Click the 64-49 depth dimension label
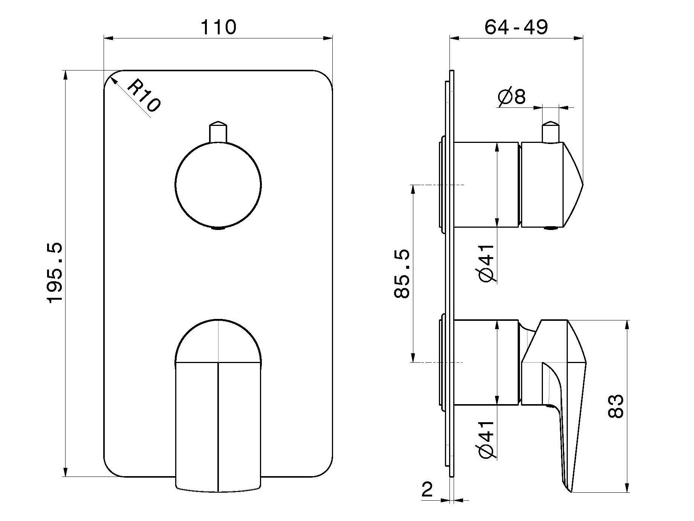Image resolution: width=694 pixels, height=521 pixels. point(516,27)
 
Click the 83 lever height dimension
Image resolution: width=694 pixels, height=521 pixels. point(616,406)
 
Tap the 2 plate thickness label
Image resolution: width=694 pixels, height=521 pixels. point(427,490)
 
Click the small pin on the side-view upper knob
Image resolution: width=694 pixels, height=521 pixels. point(550,132)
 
